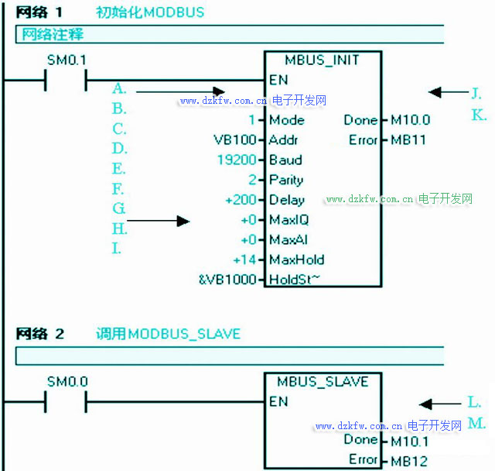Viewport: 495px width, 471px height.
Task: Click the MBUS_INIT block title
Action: [x=322, y=60]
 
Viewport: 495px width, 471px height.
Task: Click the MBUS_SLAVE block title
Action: [x=322, y=381]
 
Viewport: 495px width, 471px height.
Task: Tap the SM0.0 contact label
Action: [x=67, y=381]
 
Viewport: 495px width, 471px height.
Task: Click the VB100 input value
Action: [x=234, y=140]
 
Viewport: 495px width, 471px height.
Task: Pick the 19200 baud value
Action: [x=236, y=160]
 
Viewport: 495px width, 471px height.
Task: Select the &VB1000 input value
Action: [x=227, y=280]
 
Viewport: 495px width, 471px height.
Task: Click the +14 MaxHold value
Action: [x=245, y=260]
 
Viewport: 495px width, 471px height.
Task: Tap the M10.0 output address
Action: [x=410, y=120]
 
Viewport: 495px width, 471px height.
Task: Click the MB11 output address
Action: [x=408, y=140]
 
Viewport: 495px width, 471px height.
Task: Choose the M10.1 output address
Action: [x=410, y=440]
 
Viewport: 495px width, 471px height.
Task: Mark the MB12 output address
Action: [x=408, y=460]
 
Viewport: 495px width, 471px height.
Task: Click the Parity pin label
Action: [x=285, y=180]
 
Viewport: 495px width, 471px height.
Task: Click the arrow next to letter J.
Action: [x=446, y=93]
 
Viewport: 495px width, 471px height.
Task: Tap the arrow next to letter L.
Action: [x=441, y=404]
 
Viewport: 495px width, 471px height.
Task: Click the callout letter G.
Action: [x=118, y=208]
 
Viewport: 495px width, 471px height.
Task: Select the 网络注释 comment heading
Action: [x=52, y=35]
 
